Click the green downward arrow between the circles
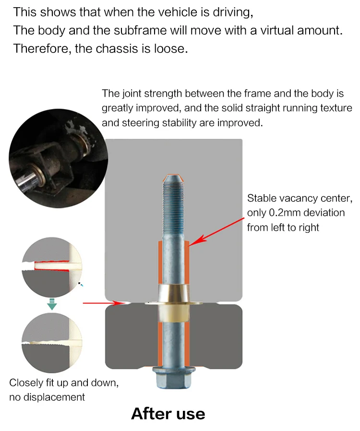pos(52,304)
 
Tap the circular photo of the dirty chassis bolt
pos(58,159)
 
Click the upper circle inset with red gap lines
pos(52,267)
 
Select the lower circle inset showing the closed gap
pos(52,343)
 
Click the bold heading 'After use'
pos(168,414)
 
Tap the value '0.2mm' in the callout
pos(285,213)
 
